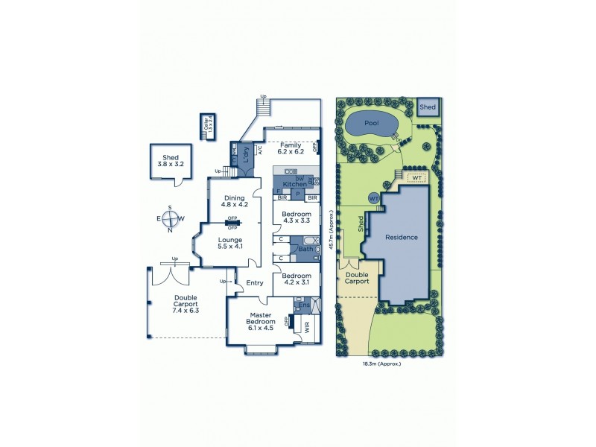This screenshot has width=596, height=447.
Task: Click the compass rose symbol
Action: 170,219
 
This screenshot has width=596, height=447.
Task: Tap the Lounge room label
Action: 231,242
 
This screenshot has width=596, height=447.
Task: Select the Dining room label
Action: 234,201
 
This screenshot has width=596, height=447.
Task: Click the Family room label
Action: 291,148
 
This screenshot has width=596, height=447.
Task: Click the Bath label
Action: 305,249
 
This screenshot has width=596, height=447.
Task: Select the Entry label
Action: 255,283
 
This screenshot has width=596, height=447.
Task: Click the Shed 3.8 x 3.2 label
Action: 168,160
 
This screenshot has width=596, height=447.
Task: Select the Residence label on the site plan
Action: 401,237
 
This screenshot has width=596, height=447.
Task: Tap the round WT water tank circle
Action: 374,199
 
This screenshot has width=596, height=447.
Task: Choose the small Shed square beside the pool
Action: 427,107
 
